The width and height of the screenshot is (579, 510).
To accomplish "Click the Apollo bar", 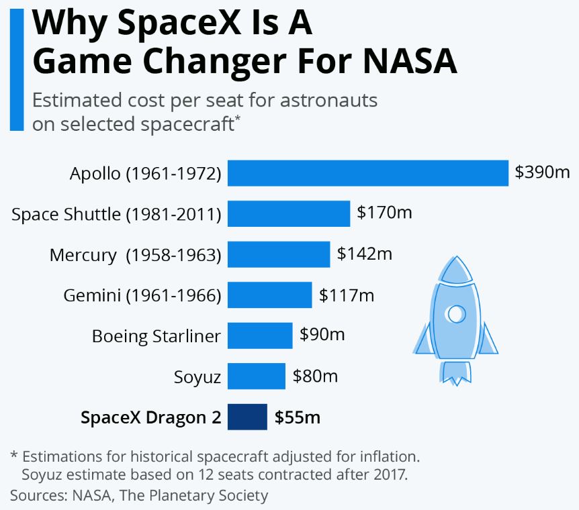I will pyautogui.click(x=367, y=173).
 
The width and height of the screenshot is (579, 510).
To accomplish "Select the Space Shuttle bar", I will pyautogui.click(x=289, y=214).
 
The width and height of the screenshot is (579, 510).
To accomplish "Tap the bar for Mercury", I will pyautogui.click(x=279, y=255).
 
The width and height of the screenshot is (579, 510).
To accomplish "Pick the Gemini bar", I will pyautogui.click(x=269, y=295).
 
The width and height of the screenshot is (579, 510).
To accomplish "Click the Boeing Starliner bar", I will pyautogui.click(x=260, y=336).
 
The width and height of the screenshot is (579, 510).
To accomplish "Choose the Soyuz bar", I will pyautogui.click(x=257, y=376).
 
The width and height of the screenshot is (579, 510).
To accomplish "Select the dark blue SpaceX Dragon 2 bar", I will pyautogui.click(x=247, y=417).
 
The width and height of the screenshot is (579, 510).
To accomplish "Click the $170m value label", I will pyautogui.click(x=384, y=213).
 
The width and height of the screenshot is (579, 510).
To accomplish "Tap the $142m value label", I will pyautogui.click(x=365, y=254).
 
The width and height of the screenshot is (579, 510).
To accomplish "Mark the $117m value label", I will pyautogui.click(x=347, y=295).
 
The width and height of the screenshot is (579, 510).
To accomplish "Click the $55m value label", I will pyautogui.click(x=297, y=417).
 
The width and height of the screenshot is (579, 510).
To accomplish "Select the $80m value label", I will pyautogui.click(x=315, y=376).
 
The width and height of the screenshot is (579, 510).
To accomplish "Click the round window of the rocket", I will pyautogui.click(x=456, y=313).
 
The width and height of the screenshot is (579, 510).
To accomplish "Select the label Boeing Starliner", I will pyautogui.click(x=156, y=336).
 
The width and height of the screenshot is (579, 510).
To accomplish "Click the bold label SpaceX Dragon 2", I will pyautogui.click(x=150, y=417).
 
